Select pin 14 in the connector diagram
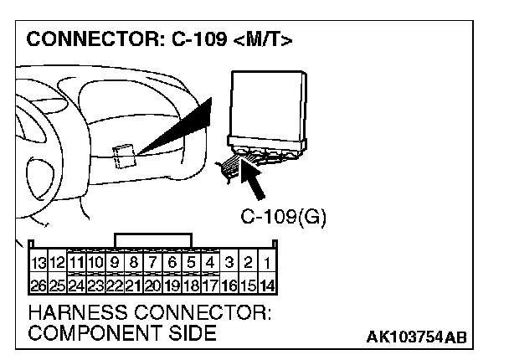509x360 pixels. click(x=266, y=285)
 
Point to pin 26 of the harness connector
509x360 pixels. click(x=39, y=285)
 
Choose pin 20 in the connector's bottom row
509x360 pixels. click(x=152, y=285)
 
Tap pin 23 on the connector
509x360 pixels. click(x=95, y=285)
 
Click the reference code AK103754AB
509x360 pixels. click(x=415, y=337)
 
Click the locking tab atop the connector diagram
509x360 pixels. click(x=153, y=240)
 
